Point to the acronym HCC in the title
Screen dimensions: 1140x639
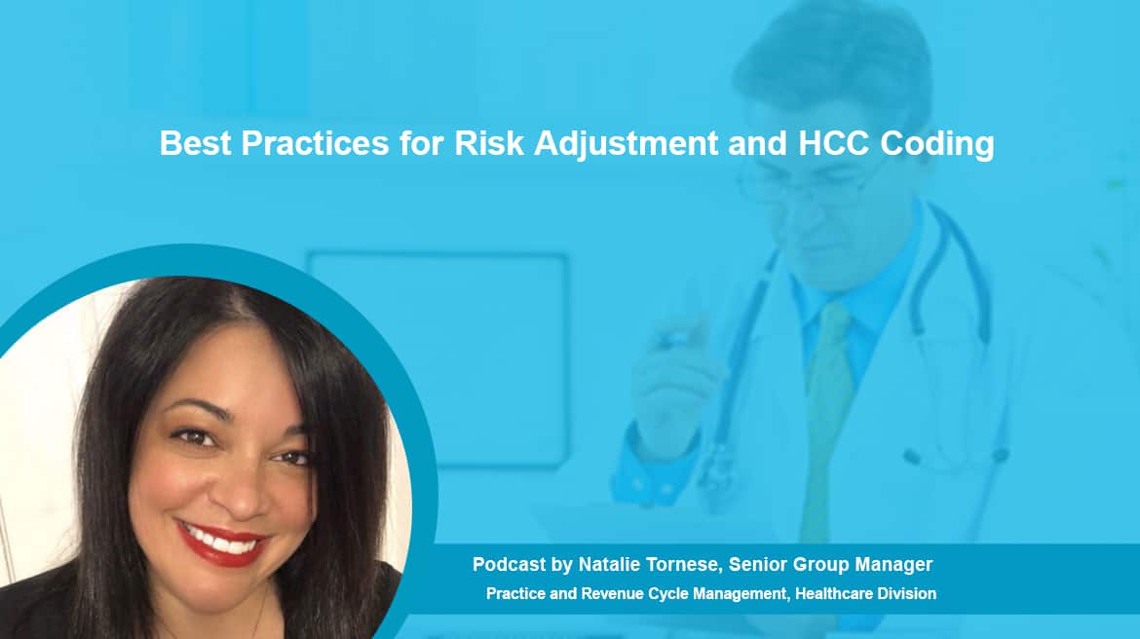pyautogui.click(x=833, y=143)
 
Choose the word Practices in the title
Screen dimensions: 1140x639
pyautogui.click(x=315, y=143)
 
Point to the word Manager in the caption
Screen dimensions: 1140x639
pyautogui.click(x=893, y=565)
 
